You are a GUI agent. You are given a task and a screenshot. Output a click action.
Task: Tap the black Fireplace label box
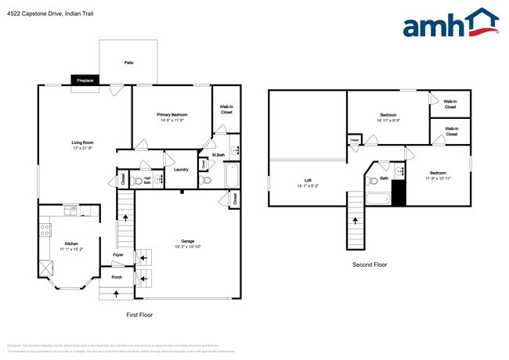(x=85, y=80)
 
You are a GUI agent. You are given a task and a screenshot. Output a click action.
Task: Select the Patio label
(x=128, y=62)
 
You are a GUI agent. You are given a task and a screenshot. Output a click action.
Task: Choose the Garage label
(x=188, y=241)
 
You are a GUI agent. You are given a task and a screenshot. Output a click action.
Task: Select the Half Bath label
(x=147, y=179)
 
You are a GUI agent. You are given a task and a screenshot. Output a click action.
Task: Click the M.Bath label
(x=218, y=155)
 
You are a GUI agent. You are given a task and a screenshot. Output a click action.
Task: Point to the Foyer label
(x=117, y=254)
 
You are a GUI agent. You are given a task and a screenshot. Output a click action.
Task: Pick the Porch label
(x=117, y=277)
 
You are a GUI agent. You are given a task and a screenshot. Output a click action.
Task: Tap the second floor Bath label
(x=384, y=178)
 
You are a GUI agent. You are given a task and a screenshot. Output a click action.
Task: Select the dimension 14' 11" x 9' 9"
(x=388, y=121)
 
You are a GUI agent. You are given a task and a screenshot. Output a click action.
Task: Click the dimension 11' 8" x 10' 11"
(x=438, y=178)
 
